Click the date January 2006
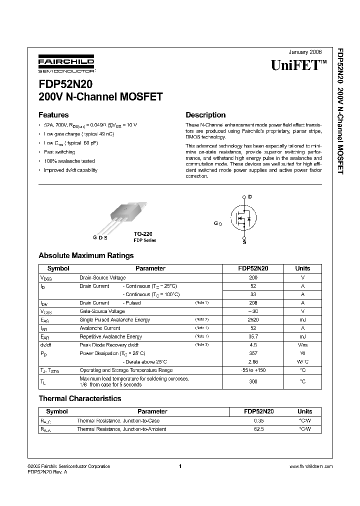coord(305,52)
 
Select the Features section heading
coord(53,114)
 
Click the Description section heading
coord(205,114)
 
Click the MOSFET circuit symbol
coord(243,218)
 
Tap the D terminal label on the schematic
coord(250,197)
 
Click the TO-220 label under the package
coord(143,234)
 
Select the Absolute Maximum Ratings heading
coord(86,255)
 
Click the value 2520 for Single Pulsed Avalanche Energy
coord(253,319)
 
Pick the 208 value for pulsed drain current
coord(253,303)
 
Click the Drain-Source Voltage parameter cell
coord(102,277)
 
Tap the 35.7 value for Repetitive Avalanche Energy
coord(253,336)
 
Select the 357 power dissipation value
coord(253,353)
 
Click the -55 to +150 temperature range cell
coord(253,370)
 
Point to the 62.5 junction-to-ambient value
coord(258,429)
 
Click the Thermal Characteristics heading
coord(80,398)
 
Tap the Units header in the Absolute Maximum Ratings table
coord(302,268)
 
